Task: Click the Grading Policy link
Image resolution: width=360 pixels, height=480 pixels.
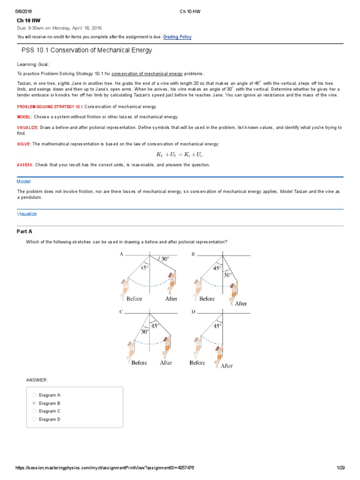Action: click(177, 37)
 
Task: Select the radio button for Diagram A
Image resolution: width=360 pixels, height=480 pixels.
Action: click(34, 395)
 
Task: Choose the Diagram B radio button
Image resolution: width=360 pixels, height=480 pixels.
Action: click(34, 403)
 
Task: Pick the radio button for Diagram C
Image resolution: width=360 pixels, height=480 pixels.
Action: click(34, 411)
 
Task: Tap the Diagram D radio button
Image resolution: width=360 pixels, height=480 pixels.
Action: click(34, 419)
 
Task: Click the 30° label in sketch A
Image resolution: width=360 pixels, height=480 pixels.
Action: click(165, 259)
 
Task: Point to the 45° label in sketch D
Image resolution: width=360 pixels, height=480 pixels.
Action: click(217, 325)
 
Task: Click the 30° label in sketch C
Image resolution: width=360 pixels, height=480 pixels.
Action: click(145, 331)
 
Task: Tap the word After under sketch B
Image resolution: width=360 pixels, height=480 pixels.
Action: click(240, 303)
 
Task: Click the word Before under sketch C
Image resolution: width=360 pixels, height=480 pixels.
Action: click(139, 362)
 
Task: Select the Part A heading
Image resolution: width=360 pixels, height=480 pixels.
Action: click(24, 232)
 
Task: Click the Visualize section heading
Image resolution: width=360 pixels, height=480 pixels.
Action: click(27, 214)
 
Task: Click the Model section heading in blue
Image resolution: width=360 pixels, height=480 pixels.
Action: click(23, 181)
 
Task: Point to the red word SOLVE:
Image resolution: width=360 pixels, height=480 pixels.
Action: click(24, 144)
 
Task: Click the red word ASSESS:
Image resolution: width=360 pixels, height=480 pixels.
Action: click(25, 165)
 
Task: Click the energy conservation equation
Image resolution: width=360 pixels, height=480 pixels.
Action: click(180, 154)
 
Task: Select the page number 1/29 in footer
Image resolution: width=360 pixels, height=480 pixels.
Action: click(340, 468)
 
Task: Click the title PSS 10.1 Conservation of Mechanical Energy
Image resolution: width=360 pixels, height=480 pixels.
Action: click(87, 50)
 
